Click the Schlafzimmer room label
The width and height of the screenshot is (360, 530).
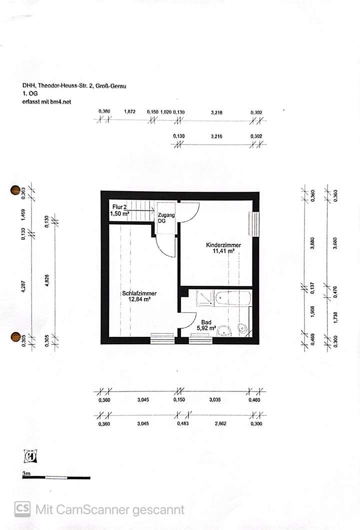[x=139, y=293]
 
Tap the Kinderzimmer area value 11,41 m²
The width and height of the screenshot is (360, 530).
[x=223, y=251]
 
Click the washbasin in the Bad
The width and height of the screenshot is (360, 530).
[x=227, y=330]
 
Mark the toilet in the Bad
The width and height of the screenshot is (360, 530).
[x=243, y=328]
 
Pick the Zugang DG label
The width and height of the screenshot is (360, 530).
[x=166, y=218]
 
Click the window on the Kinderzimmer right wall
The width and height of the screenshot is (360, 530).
[x=256, y=224]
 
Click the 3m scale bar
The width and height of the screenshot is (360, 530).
[x=56, y=477]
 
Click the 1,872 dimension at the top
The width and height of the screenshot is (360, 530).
[x=130, y=112]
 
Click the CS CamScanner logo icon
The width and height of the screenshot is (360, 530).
[x=22, y=509]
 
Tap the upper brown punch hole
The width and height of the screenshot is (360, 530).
[x=15, y=190]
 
